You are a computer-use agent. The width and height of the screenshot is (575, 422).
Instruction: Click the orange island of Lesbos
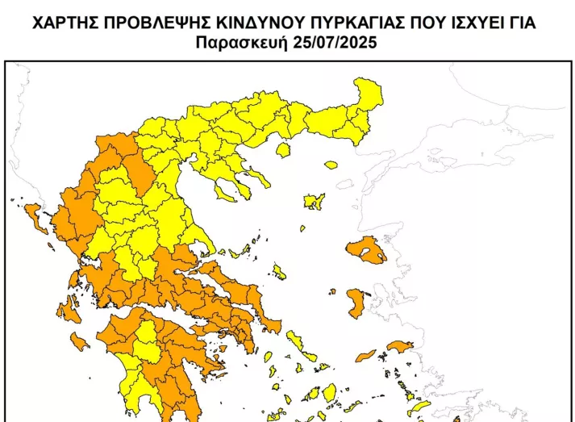point(368,250)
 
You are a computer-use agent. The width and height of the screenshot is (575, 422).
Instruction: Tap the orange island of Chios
point(355,303)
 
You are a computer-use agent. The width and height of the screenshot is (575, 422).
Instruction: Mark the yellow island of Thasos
point(283,149)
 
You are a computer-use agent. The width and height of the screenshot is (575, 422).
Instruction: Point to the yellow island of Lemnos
point(313,201)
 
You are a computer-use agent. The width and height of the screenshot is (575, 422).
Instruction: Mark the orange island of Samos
point(399,346)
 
